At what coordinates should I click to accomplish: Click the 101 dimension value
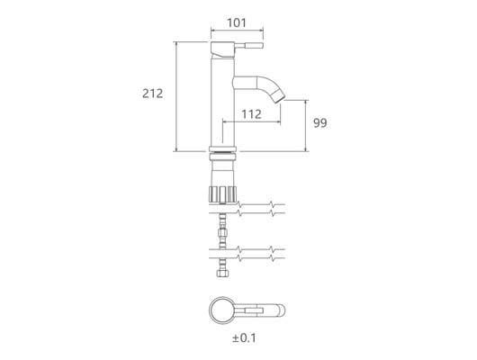pyautogui.click(x=237, y=22)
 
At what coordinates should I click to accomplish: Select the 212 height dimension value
pyautogui.click(x=153, y=94)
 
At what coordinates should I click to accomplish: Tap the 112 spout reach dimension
pyautogui.click(x=251, y=114)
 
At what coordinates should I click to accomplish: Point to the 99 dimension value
pyautogui.click(x=320, y=123)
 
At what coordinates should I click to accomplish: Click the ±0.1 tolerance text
pyautogui.click(x=244, y=338)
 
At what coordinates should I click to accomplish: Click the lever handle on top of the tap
pyautogui.click(x=248, y=46)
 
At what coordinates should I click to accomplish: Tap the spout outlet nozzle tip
pyautogui.click(x=279, y=99)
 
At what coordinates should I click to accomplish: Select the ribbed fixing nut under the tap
pyautogui.click(x=222, y=194)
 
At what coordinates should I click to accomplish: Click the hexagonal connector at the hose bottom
pyautogui.click(x=222, y=274)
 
